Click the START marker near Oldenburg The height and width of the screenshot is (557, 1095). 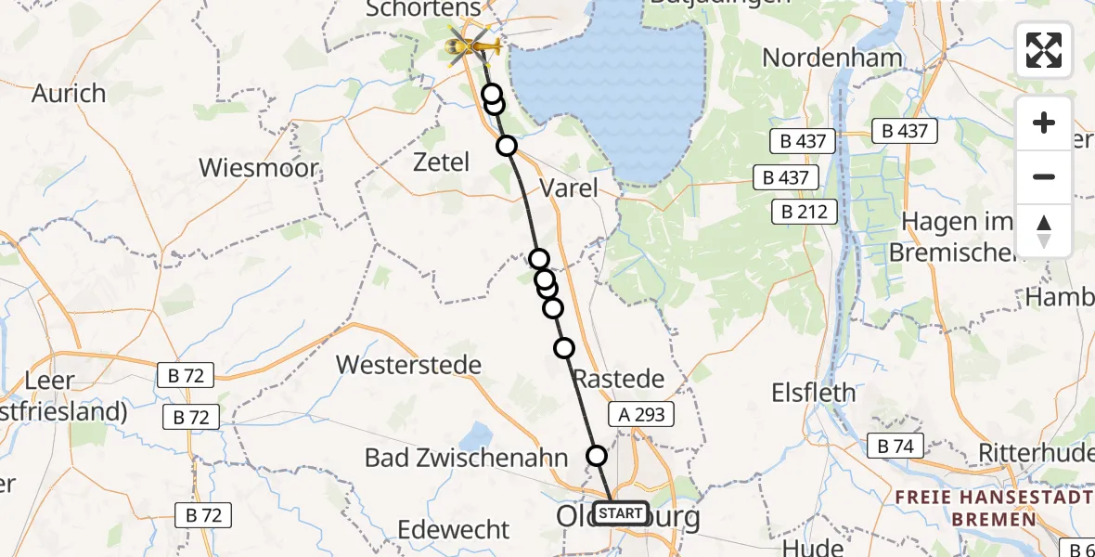pyautogui.click(x=620, y=513)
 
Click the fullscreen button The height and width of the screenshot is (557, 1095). pyautogui.click(x=1044, y=50)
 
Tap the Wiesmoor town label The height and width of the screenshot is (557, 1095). pyautogui.click(x=259, y=169)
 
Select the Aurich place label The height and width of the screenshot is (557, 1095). pyautogui.click(x=69, y=94)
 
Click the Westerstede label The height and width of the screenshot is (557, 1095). pyautogui.click(x=408, y=364)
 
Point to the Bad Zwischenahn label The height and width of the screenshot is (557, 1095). pyautogui.click(x=466, y=458)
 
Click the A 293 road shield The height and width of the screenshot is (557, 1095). pyautogui.click(x=641, y=414)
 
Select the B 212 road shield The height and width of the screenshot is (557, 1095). pyautogui.click(x=805, y=212)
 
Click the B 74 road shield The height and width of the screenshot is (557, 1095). pyautogui.click(x=895, y=447)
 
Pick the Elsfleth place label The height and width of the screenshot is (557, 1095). pyautogui.click(x=814, y=393)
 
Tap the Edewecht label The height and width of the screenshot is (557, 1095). pyautogui.click(x=454, y=530)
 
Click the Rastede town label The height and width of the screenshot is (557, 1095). pyautogui.click(x=618, y=379)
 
